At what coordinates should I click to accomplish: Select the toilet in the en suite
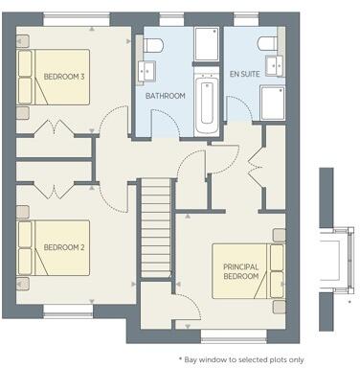[266, 46]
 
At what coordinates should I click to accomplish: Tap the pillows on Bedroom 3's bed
[25, 77]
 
